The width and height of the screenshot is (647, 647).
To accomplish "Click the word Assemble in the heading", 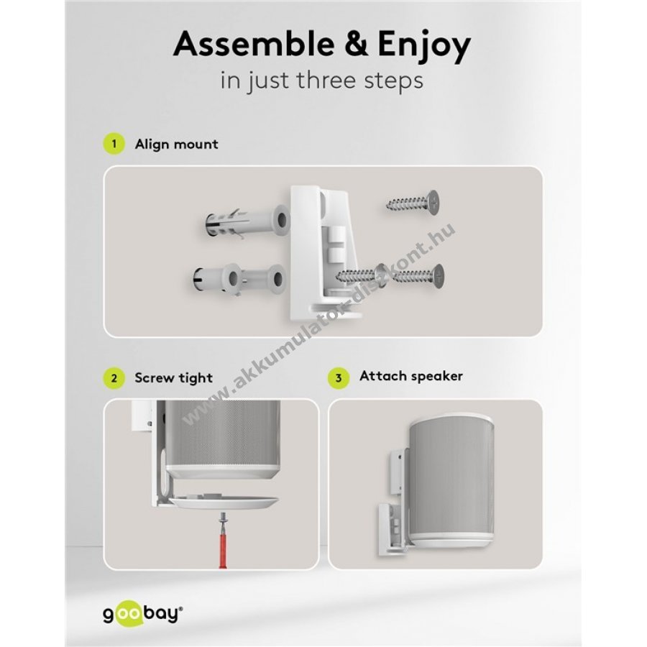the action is click(254, 44).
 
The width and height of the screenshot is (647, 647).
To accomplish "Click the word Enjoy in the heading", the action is click(424, 46).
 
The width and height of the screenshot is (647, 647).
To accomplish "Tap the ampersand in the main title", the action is click(357, 44).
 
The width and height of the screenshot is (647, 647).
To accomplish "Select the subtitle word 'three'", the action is click(327, 80).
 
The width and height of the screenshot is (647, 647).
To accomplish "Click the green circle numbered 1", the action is click(114, 144).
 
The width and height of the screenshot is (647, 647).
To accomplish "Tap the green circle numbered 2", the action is click(114, 378).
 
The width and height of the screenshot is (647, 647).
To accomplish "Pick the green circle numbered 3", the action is click(339, 378).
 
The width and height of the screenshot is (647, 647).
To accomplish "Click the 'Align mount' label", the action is click(177, 144).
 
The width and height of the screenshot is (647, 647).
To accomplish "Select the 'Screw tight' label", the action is click(174, 378).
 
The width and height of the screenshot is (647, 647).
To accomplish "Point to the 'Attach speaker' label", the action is click(411, 376).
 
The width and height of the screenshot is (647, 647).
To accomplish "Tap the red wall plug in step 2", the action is click(224, 544).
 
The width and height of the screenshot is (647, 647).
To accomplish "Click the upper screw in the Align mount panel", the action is click(413, 202).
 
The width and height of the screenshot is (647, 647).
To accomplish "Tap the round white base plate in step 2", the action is click(224, 501).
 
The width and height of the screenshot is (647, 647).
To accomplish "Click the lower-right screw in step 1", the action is click(418, 275).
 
